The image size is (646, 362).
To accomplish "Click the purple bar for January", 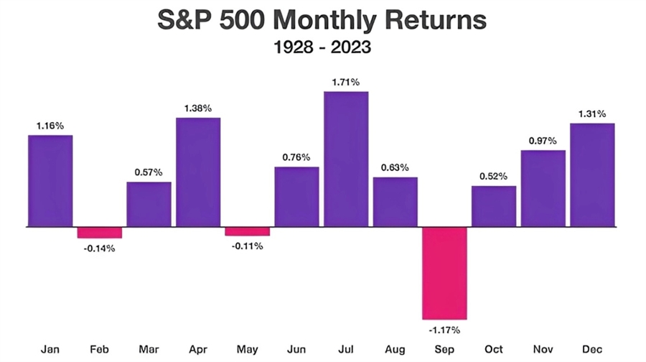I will pos(50,181).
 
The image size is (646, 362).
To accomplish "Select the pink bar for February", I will pos(100,233).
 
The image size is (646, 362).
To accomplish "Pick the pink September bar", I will pos(444,273).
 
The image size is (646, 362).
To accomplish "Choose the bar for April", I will pos(198,172).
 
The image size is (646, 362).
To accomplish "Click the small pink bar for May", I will pos(247,231).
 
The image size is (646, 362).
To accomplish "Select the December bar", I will pos(592,175).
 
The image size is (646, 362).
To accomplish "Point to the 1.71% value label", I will pos(346,83).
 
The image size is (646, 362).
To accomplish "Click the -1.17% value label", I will pos(444,330).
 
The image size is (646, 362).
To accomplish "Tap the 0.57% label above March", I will pos(149,172).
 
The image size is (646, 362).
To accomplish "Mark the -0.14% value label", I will pos(100,249).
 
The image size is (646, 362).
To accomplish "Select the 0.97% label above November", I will pos(543,141).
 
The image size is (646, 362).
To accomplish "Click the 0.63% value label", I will pos(395,167).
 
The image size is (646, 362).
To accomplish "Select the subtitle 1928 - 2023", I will pos(322,48).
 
